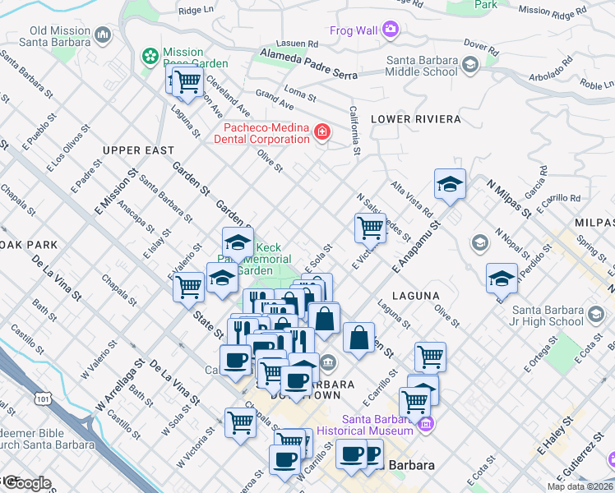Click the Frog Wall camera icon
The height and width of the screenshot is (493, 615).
(x=390, y=30)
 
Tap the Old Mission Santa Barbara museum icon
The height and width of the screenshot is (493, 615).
(x=103, y=35)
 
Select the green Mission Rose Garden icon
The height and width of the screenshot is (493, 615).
(x=150, y=57)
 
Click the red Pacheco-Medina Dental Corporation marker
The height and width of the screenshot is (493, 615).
(x=322, y=131)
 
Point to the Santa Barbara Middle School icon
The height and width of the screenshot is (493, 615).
(x=469, y=64)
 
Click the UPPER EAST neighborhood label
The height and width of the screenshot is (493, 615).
(x=139, y=150)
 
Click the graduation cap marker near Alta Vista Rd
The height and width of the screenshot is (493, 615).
(x=450, y=184)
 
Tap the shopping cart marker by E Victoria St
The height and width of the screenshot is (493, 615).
(x=370, y=227)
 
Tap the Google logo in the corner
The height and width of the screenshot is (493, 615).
(x=26, y=483)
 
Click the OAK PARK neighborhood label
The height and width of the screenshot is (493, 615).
(x=29, y=245)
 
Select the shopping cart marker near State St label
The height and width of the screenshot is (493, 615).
(x=189, y=286)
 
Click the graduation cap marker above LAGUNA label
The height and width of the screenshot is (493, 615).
(x=501, y=278)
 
